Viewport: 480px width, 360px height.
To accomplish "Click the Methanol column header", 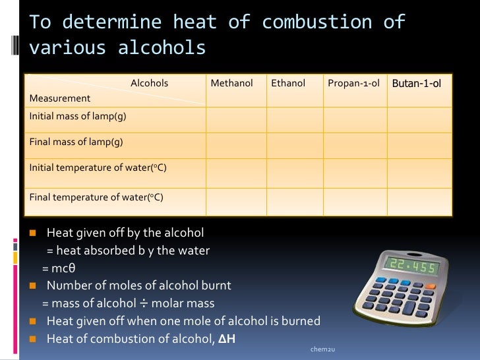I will click(231, 84).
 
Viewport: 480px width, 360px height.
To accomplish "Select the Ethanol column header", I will click(288, 84).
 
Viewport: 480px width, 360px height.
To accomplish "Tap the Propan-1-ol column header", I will click(353, 84).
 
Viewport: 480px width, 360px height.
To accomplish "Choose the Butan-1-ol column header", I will click(417, 84).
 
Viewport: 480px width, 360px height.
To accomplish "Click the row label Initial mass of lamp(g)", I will click(78, 117).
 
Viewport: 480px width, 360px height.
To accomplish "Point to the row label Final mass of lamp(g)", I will click(76, 142).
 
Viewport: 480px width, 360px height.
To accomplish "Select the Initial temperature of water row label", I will click(98, 167).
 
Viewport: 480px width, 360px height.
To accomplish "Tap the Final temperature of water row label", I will click(96, 197).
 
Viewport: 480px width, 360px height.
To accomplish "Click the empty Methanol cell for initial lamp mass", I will click(236, 119).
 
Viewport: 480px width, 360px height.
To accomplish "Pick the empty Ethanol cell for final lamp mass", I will click(294, 144).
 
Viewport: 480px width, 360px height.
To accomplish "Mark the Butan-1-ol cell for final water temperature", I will click(419, 202).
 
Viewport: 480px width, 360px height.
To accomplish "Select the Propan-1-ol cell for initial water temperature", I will click(355, 173).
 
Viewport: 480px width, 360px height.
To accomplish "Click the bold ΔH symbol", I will click(226, 340).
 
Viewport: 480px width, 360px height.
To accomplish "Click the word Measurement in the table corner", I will click(60, 98).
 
